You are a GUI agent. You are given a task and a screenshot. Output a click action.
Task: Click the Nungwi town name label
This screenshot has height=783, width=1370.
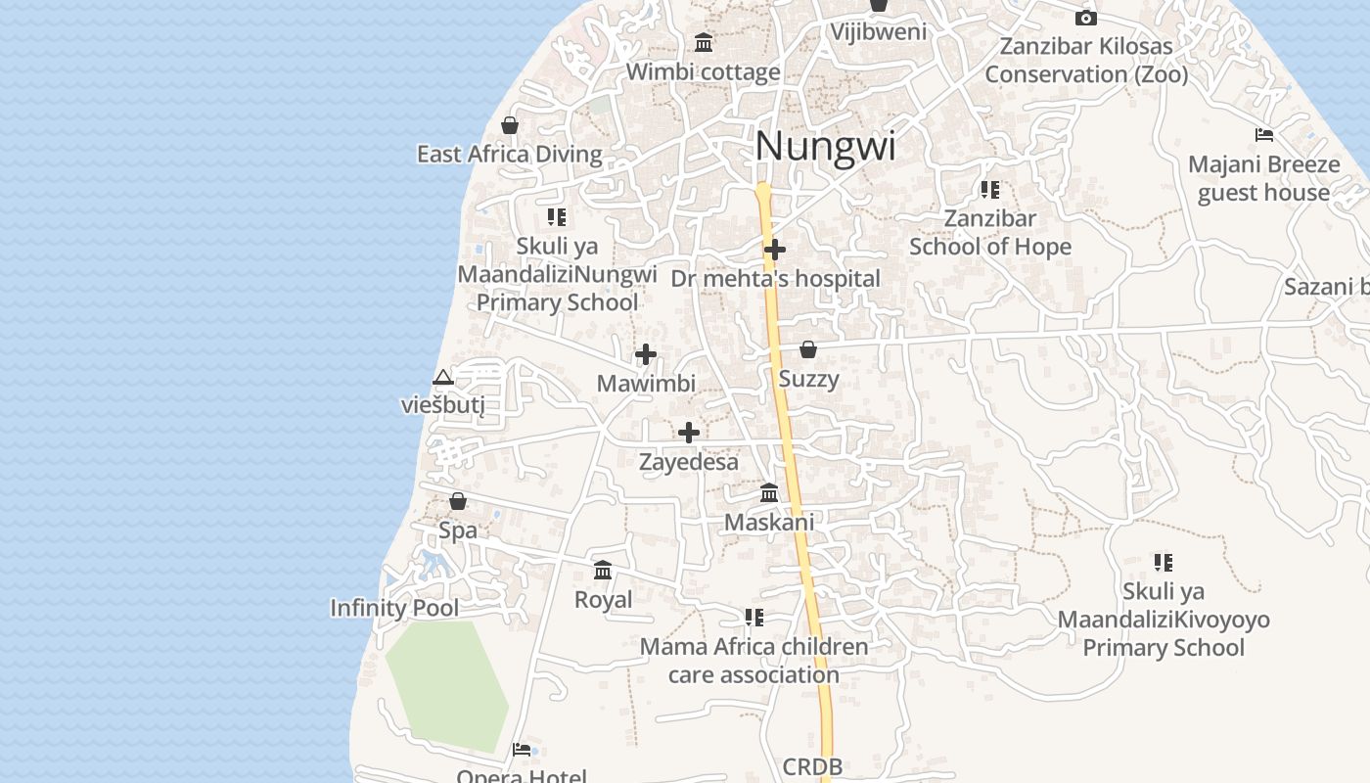(x=825, y=147)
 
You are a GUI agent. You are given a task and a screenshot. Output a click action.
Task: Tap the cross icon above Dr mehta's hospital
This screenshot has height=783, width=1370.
(x=775, y=250)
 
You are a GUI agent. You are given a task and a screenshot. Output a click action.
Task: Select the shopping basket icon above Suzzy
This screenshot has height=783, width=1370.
(x=808, y=349)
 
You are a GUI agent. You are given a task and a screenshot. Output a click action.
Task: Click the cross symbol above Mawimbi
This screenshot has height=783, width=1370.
(x=646, y=354)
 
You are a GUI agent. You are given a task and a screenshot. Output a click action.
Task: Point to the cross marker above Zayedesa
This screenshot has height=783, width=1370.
(x=689, y=433)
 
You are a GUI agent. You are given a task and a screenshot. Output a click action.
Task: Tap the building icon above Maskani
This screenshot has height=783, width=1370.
(x=769, y=492)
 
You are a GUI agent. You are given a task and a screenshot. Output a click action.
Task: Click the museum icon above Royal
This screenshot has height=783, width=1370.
(x=603, y=570)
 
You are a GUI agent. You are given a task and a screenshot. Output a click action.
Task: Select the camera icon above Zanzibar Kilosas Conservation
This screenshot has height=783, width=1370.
(x=1085, y=18)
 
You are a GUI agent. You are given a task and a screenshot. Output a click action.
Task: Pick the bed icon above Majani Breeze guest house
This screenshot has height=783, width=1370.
(x=1264, y=135)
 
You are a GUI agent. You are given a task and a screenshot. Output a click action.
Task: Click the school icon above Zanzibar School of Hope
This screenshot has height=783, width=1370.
(x=990, y=189)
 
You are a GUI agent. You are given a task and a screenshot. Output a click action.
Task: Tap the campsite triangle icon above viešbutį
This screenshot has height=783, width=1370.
(x=443, y=377)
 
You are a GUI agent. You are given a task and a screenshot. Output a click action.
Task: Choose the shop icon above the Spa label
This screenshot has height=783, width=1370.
(x=458, y=502)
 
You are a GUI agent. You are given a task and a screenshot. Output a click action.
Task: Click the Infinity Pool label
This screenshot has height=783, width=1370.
(x=394, y=608)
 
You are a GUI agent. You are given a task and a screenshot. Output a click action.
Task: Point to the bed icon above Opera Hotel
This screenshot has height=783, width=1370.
(x=522, y=750)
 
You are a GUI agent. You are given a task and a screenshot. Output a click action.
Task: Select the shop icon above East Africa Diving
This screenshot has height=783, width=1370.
(x=509, y=125)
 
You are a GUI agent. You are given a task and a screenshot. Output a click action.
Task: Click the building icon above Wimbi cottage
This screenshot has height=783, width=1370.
(x=703, y=43)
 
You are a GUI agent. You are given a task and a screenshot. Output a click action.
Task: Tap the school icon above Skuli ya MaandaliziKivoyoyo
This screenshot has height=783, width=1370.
(x=1163, y=562)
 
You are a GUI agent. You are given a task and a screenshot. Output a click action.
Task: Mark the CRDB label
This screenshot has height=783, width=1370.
(x=812, y=767)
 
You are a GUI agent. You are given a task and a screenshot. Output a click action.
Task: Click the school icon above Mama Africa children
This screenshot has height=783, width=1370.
(x=753, y=618)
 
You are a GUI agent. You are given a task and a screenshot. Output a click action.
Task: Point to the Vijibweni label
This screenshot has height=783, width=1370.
(x=879, y=31)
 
